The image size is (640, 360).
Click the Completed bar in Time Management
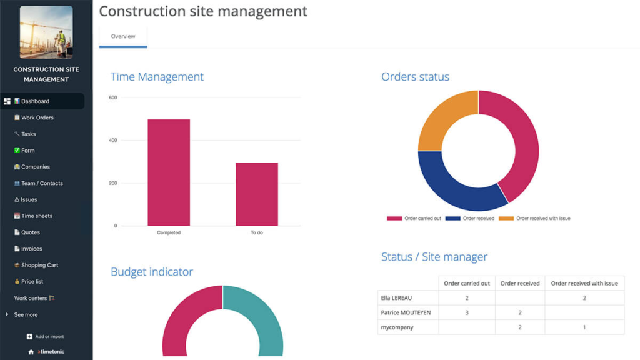169,172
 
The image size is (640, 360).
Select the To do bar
257,194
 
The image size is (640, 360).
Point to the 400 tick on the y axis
113,141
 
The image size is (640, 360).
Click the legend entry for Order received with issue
535,218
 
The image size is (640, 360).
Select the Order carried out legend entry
414,218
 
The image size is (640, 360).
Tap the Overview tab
123,36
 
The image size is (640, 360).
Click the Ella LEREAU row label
396,298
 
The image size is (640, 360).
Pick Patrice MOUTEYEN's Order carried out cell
467,312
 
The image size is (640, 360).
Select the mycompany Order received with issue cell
584,327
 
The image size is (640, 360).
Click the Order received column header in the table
520,283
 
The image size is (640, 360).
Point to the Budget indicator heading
152,272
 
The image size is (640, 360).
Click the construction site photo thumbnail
46,32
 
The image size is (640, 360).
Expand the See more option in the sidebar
25,315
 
